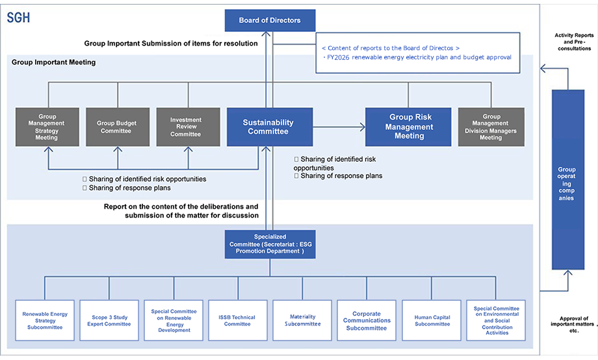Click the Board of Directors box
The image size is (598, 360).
270,20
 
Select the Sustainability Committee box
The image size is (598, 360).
270,127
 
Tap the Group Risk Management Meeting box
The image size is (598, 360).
408,127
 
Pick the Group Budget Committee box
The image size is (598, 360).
118,127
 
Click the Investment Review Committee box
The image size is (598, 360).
188,127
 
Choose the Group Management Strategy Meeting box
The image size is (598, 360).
47,127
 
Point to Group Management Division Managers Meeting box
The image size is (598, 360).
491,127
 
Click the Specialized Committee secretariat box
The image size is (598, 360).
270,244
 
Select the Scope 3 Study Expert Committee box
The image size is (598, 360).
109,320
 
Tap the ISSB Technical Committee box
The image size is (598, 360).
238,320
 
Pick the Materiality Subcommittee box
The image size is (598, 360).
302,320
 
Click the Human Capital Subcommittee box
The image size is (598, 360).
432,320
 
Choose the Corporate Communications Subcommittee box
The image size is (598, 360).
367,320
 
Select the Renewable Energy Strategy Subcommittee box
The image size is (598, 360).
45,320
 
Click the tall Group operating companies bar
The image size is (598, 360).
568,179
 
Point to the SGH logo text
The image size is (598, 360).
18,18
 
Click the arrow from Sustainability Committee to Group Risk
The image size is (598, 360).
339,127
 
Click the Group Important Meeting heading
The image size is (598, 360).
54,62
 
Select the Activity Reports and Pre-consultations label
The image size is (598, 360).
574,42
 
